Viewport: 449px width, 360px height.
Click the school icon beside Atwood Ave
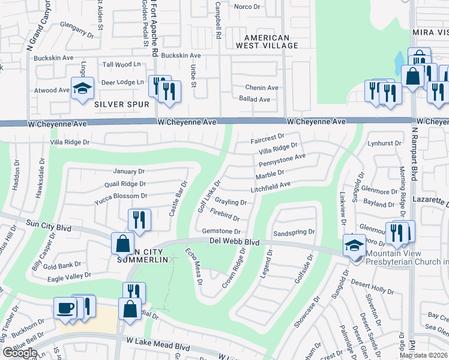[82, 88]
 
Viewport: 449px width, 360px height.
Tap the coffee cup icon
[65, 308]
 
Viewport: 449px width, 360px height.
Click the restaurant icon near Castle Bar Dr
[138, 219]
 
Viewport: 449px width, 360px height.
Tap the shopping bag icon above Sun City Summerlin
[122, 244]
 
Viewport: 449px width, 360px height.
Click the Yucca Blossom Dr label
[121, 196]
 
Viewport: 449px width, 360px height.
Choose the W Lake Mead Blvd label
[158, 340]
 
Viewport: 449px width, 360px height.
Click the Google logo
[20, 353]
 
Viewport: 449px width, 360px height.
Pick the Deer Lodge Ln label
[124, 82]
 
